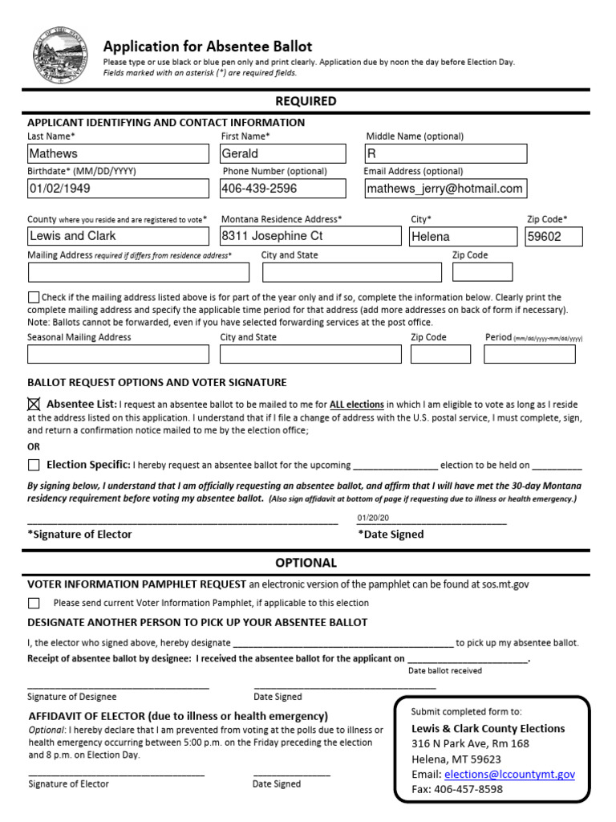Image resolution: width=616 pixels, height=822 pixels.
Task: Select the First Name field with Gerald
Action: pos(282,153)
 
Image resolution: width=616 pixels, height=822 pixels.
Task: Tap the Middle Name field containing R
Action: pos(446,153)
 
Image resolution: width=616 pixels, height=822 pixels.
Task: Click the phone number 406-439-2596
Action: pos(282,189)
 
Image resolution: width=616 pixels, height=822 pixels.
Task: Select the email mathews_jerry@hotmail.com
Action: pos(445,189)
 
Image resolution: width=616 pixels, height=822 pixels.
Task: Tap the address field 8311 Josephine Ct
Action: pos(310,236)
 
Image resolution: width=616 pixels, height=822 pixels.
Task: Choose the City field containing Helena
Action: pos(463,237)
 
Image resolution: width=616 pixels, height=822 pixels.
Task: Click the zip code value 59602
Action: pos(553,237)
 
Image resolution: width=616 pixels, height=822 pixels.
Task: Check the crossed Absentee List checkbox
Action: pos(34,405)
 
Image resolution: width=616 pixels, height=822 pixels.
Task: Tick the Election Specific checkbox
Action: pos(34,465)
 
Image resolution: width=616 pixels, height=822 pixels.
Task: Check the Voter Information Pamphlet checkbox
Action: pos(34,603)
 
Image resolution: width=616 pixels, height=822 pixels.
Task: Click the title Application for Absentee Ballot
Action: pos(208,47)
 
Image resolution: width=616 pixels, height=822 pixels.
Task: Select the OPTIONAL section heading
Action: pos(306,563)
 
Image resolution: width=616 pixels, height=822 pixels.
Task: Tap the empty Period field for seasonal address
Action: pos(529,354)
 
